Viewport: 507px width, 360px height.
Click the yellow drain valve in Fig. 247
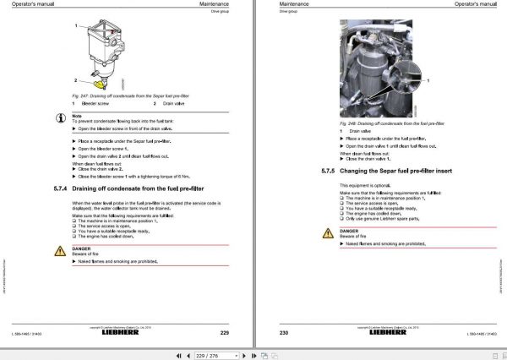(x=102, y=82)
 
